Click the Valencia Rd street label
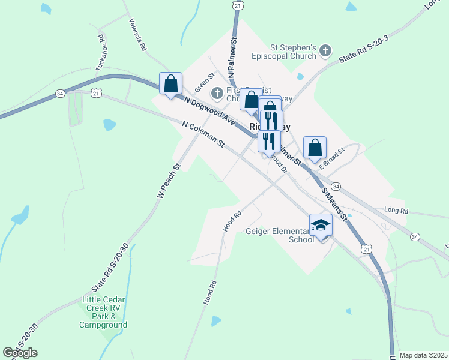pyautogui.click(x=138, y=34)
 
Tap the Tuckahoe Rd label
pyautogui.click(x=101, y=52)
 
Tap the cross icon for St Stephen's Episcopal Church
pyautogui.click(x=325, y=51)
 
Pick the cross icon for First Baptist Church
pyautogui.click(x=217, y=94)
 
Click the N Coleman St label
pyautogui.click(x=203, y=135)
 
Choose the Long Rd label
pyautogui.click(x=396, y=211)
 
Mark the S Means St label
pyautogui.click(x=335, y=204)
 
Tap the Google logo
pyautogui.click(x=20, y=353)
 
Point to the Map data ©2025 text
pyautogui.click(x=423, y=355)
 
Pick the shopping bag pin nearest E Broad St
pyautogui.click(x=315, y=148)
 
